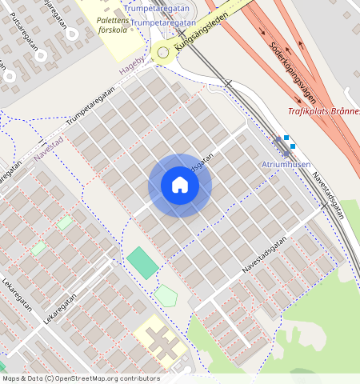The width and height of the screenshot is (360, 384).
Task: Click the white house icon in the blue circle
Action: click(x=180, y=186)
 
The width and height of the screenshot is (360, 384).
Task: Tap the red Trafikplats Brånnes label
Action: click(x=323, y=111)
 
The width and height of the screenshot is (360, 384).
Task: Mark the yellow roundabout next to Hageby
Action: click(x=164, y=54)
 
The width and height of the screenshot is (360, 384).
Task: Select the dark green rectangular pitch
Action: click(x=142, y=262)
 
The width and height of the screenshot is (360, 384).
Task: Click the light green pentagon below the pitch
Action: click(x=166, y=295)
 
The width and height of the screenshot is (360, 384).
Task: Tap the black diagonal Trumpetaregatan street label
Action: click(x=90, y=106)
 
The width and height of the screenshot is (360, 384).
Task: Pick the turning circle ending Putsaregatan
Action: click(x=72, y=34)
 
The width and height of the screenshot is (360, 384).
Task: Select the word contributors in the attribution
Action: click(x=141, y=378)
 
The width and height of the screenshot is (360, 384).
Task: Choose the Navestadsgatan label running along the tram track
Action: click(x=329, y=195)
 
